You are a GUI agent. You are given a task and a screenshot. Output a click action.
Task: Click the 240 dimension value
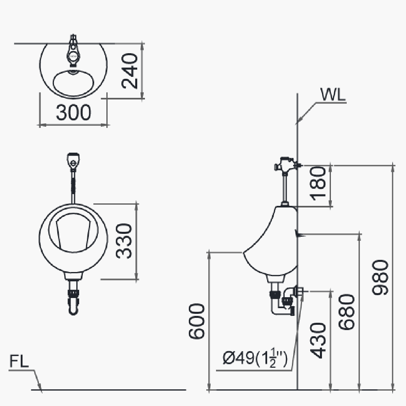pos(131,71)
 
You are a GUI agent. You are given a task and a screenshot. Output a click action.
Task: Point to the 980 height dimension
pos(381,277)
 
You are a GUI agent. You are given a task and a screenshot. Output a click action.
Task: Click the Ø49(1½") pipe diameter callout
pos(255,359)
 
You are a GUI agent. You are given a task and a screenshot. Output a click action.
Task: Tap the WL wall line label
pos(333,95)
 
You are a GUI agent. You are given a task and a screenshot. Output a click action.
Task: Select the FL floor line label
pos(19,361)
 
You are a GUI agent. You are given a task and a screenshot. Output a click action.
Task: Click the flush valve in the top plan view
pos(73,52)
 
